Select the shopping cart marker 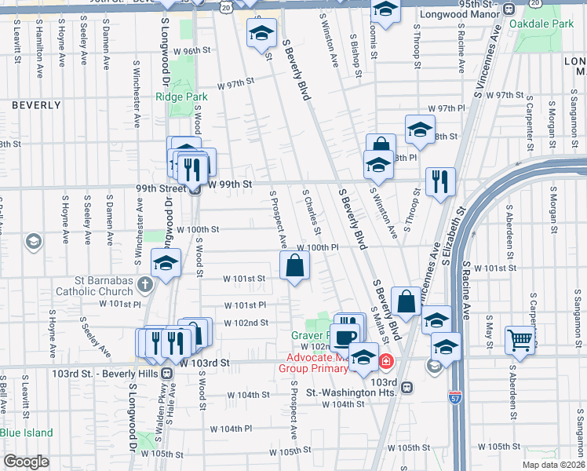click(519, 340)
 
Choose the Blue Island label click(27, 433)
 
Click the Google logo click(25, 462)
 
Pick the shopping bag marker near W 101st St click(294, 265)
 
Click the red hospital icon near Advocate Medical click(386, 362)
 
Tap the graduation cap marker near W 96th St click(261, 33)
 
